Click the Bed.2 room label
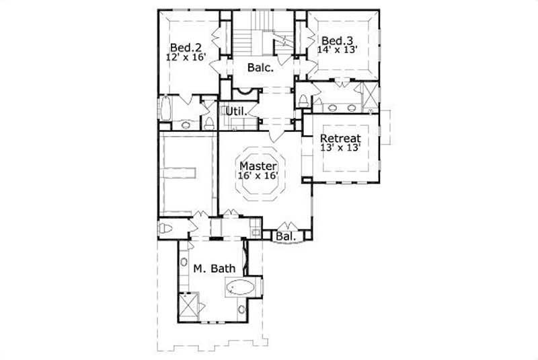click(184, 48)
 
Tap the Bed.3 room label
click(336, 40)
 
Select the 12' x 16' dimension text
click(184, 58)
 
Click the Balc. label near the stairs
click(260, 67)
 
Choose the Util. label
click(233, 110)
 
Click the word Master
click(258, 165)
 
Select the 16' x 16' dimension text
click(258, 175)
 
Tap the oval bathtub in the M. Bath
click(239, 290)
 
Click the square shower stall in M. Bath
click(190, 307)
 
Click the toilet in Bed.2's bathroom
click(209, 122)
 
